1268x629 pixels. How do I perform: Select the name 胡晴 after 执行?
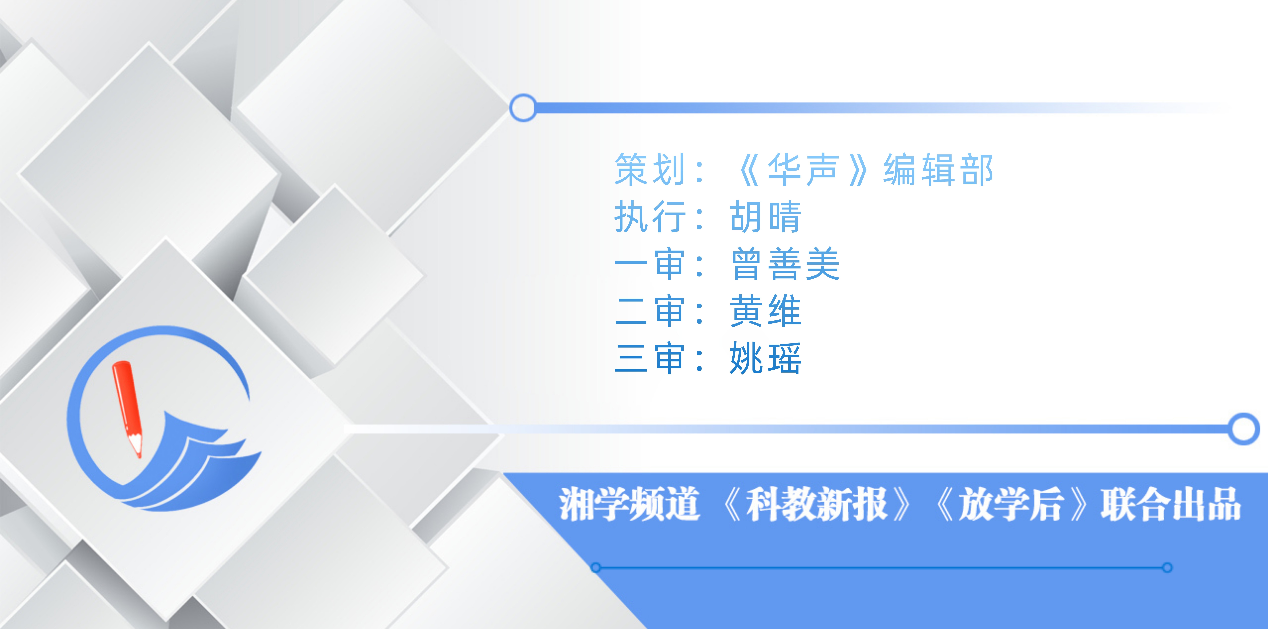(765, 217)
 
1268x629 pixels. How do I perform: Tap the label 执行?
(650, 217)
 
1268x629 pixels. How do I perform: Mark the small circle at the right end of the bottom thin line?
(1167, 567)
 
